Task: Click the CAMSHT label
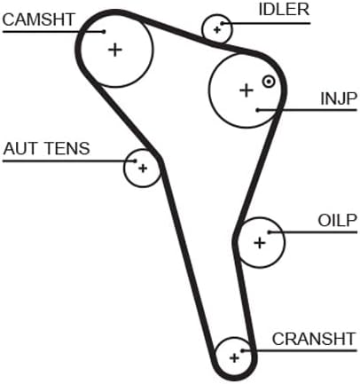coord(38,20)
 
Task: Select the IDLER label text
coord(284,10)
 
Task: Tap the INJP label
coord(339,98)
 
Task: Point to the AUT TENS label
coord(46,148)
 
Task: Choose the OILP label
coord(337,220)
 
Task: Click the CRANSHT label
coord(314,339)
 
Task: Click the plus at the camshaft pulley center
coord(115,50)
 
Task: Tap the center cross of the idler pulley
coord(217,30)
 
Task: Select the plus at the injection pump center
coord(247,90)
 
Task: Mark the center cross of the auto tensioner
coord(143,168)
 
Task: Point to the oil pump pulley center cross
coord(260,243)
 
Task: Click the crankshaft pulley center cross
coord(234,358)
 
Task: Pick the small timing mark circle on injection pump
coord(269,82)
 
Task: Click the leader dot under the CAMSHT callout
coord(104,31)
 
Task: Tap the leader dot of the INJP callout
coord(258,110)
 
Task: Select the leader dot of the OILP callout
coord(270,232)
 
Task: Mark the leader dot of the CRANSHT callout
coord(242,351)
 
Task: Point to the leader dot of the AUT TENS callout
coord(136,161)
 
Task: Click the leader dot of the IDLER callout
coord(222,23)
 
